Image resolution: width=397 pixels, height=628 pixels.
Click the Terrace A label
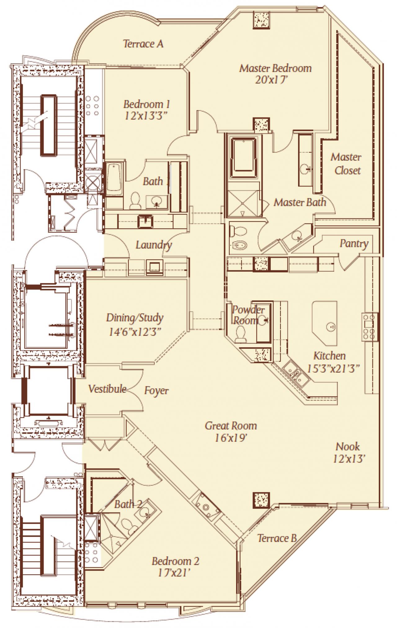143,44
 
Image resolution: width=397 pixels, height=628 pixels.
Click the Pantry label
354,244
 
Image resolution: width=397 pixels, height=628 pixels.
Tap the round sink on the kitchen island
330,326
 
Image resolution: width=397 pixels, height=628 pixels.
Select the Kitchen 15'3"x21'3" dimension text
333,369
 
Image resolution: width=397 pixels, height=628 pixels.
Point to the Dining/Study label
135,318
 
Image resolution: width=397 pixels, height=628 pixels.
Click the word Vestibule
107,389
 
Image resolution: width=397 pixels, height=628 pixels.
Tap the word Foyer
156,391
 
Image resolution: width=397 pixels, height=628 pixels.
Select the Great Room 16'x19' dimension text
231,438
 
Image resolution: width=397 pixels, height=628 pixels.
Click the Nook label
348,447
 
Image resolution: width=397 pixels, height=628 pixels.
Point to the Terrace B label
277,538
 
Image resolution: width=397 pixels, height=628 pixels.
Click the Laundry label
154,245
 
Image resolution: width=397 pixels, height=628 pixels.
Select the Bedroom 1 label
146,104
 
